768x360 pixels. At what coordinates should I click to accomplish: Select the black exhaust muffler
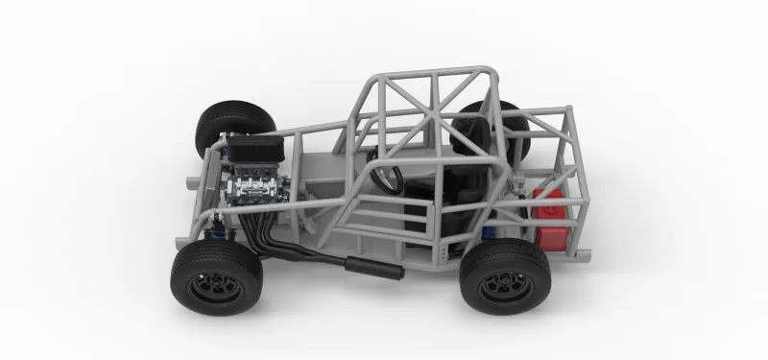[x=374, y=268]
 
